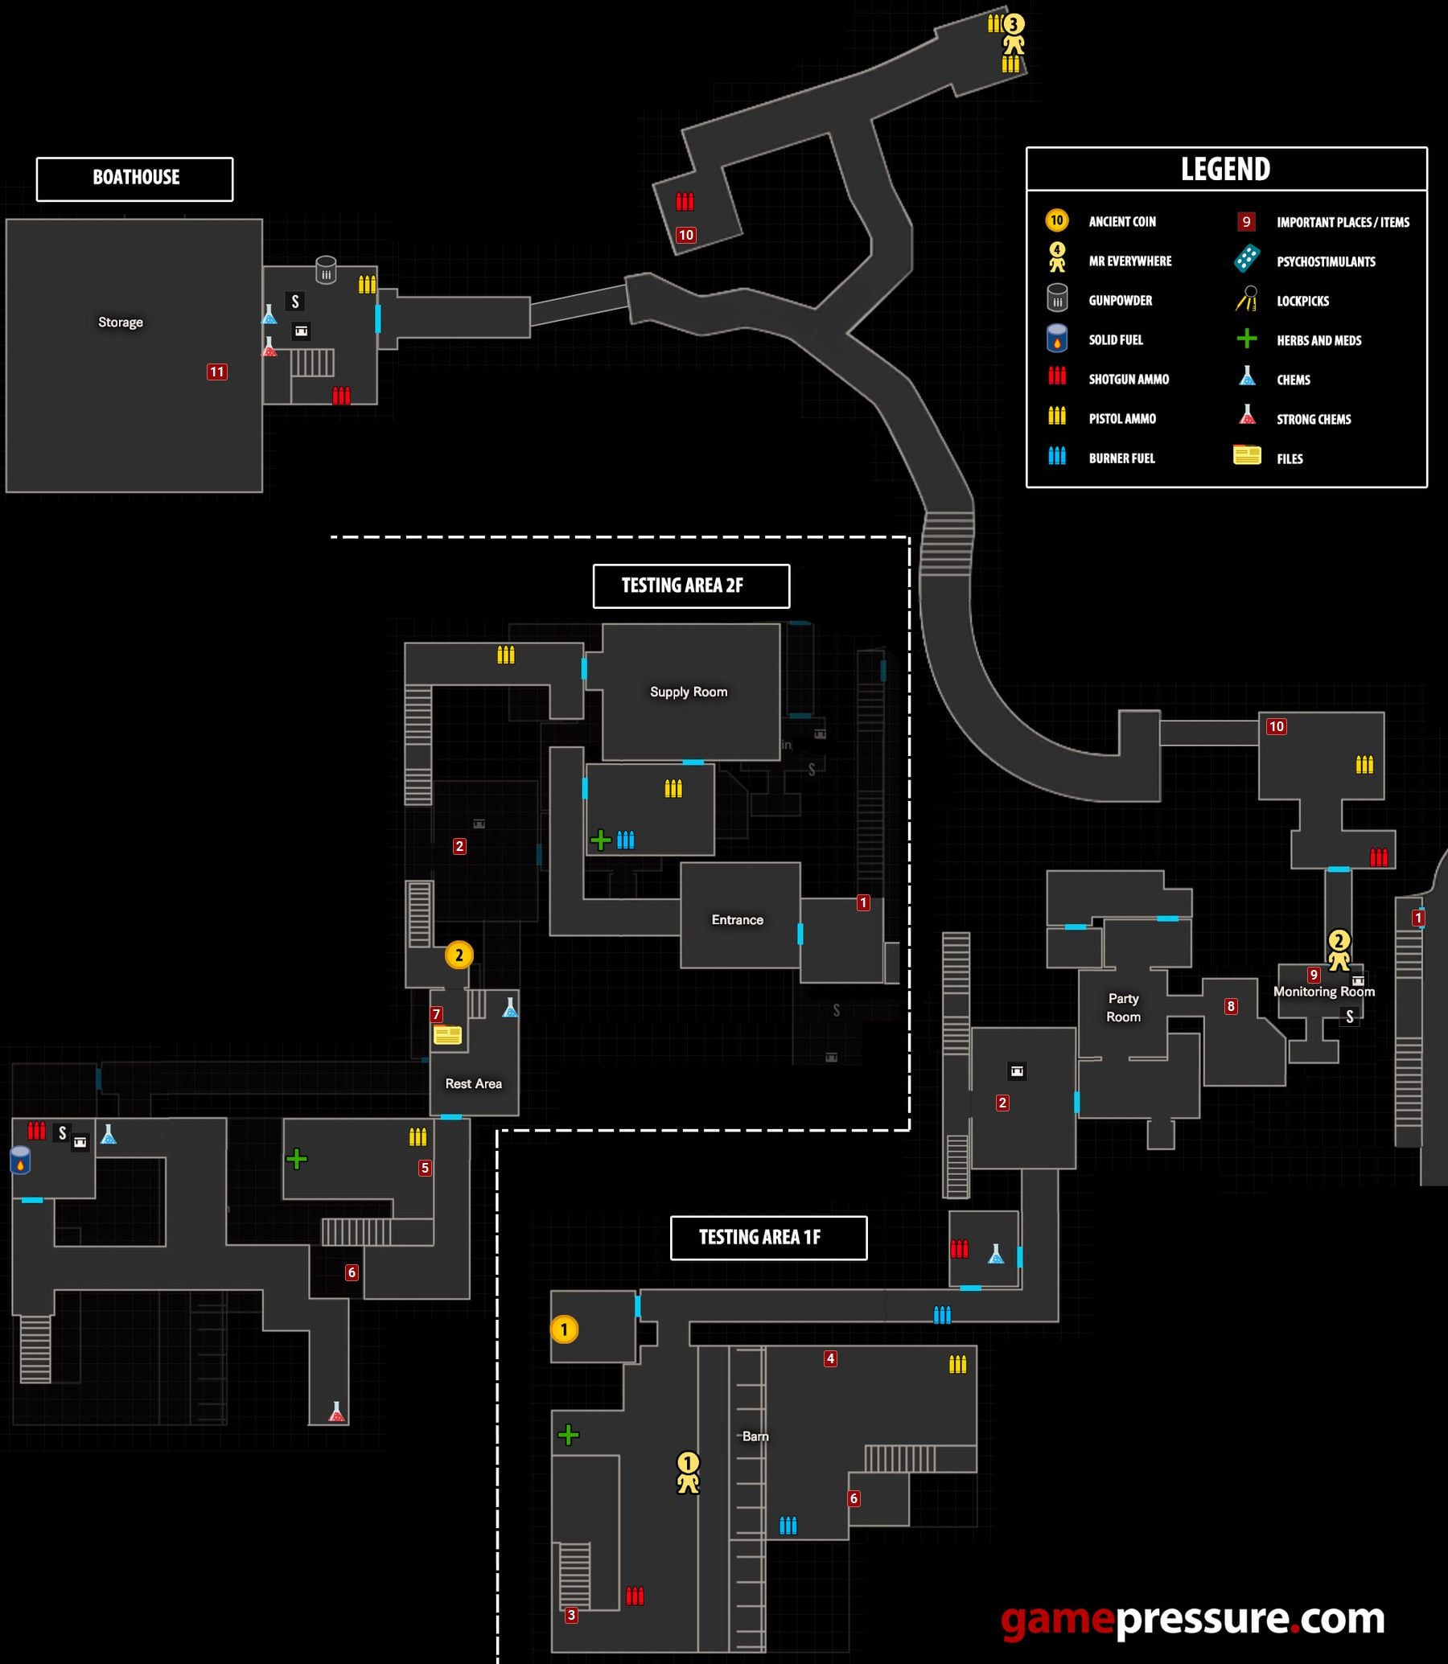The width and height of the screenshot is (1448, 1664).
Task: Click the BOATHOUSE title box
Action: tap(135, 179)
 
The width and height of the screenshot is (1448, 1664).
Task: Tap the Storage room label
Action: tap(121, 323)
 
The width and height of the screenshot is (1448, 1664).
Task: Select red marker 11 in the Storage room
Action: tap(216, 372)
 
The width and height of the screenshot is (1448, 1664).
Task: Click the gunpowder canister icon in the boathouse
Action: tap(326, 269)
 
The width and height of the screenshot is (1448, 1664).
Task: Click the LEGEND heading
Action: tap(1226, 169)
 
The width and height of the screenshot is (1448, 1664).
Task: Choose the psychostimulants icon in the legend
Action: tap(1247, 259)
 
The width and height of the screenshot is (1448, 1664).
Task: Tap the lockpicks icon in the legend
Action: tap(1247, 299)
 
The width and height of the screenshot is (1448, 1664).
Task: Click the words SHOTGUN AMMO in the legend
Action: tap(1129, 379)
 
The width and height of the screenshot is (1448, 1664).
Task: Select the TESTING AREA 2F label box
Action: tap(691, 585)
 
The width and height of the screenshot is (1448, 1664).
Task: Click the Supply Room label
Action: tap(689, 692)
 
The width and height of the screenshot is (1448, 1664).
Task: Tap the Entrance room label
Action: tap(737, 919)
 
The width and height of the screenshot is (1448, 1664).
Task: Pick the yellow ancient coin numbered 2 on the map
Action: tap(459, 955)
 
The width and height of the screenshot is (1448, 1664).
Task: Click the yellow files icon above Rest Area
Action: tap(447, 1034)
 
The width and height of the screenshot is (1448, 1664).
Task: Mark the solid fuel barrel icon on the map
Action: tap(20, 1159)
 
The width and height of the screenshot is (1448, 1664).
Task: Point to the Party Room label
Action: tap(1123, 1007)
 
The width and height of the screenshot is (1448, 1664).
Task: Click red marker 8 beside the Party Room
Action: tap(1231, 1005)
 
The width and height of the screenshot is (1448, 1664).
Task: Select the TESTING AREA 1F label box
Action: tap(768, 1238)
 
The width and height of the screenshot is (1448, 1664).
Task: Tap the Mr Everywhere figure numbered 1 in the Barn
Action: tap(688, 1473)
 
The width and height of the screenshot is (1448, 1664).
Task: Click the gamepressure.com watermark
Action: tap(1193, 1618)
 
